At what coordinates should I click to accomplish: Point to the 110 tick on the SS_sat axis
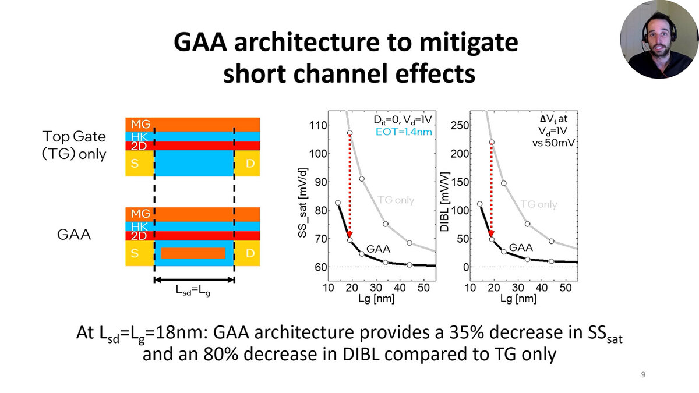click(x=317, y=125)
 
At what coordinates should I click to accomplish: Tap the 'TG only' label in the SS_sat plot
click(x=396, y=200)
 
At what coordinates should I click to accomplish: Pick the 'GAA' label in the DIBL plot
click(x=521, y=247)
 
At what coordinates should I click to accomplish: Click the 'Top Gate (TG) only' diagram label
click(x=74, y=146)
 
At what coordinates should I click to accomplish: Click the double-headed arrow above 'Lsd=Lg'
click(x=194, y=279)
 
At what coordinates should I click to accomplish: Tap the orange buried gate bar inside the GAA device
click(x=193, y=253)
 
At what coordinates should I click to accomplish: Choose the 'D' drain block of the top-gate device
click(x=249, y=164)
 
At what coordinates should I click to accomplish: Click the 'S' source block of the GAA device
click(x=139, y=254)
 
